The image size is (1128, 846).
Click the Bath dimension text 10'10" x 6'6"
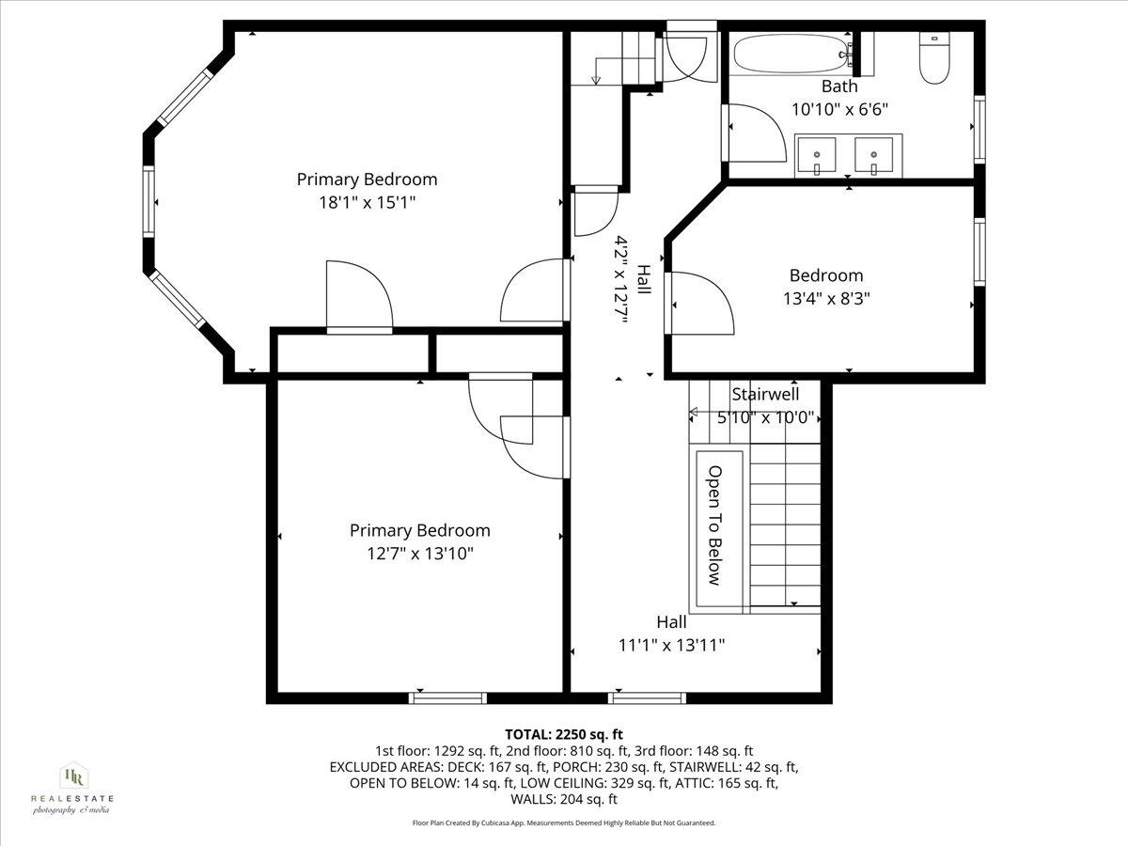tap(839, 109)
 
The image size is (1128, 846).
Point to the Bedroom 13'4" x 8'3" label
tap(825, 287)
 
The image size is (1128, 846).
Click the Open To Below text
tap(714, 525)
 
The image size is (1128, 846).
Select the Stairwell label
tap(765, 395)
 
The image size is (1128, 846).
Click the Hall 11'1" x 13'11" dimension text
tap(671, 645)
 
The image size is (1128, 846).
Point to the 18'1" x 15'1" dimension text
tap(367, 201)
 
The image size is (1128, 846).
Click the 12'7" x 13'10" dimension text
tap(420, 553)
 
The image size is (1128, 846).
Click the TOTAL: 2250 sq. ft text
tap(564, 734)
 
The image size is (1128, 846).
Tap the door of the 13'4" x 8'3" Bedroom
tap(700, 302)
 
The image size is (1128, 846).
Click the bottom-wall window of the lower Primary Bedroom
tap(447, 697)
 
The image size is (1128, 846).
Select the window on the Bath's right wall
tap(979, 128)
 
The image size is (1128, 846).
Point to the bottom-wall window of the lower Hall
tap(647, 697)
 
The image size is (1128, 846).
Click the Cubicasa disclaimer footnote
tap(564, 822)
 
